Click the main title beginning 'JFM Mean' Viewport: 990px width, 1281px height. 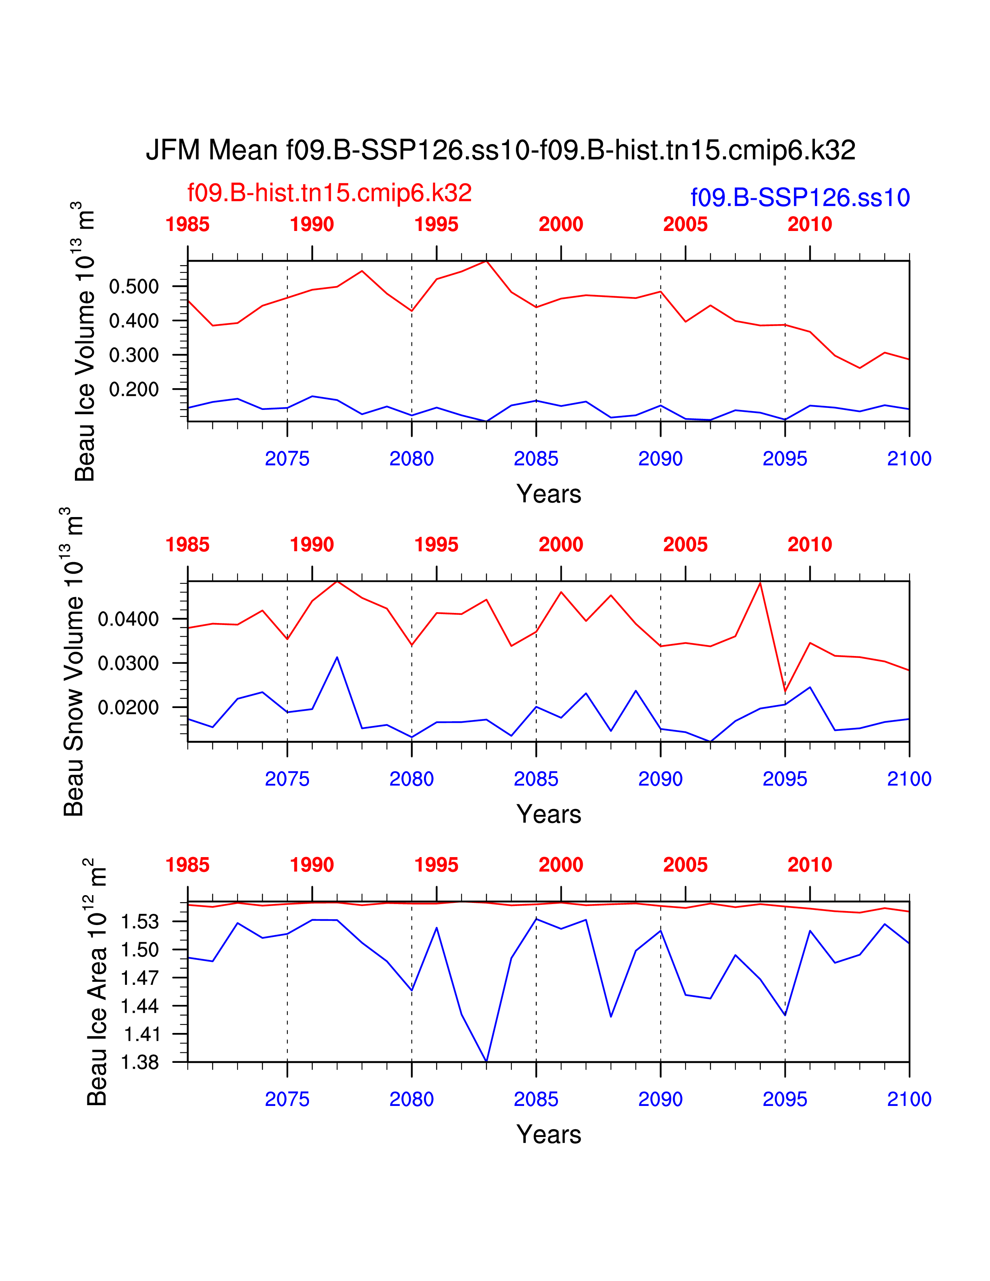coord(500,150)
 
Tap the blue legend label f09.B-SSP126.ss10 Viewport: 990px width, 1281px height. coord(800,198)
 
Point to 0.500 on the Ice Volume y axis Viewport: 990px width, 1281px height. coord(134,287)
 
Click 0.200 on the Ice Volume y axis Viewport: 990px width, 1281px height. coord(134,389)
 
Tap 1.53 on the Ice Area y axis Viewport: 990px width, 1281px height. coord(140,922)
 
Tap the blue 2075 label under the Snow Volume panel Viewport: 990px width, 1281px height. coord(287,779)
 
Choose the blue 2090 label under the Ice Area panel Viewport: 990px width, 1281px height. coord(660,1099)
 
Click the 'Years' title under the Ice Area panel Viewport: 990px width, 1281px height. coord(548,1135)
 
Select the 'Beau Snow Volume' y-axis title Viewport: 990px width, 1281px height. coord(73,663)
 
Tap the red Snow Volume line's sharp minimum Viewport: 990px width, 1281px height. coord(785,692)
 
